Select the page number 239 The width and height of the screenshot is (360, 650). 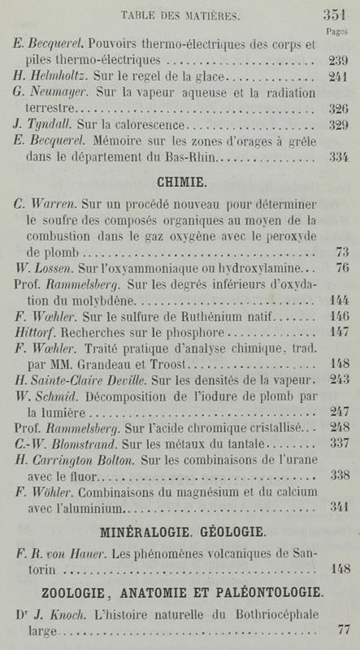point(337,61)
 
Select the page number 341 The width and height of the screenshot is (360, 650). point(337,507)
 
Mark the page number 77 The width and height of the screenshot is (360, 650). point(340,628)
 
